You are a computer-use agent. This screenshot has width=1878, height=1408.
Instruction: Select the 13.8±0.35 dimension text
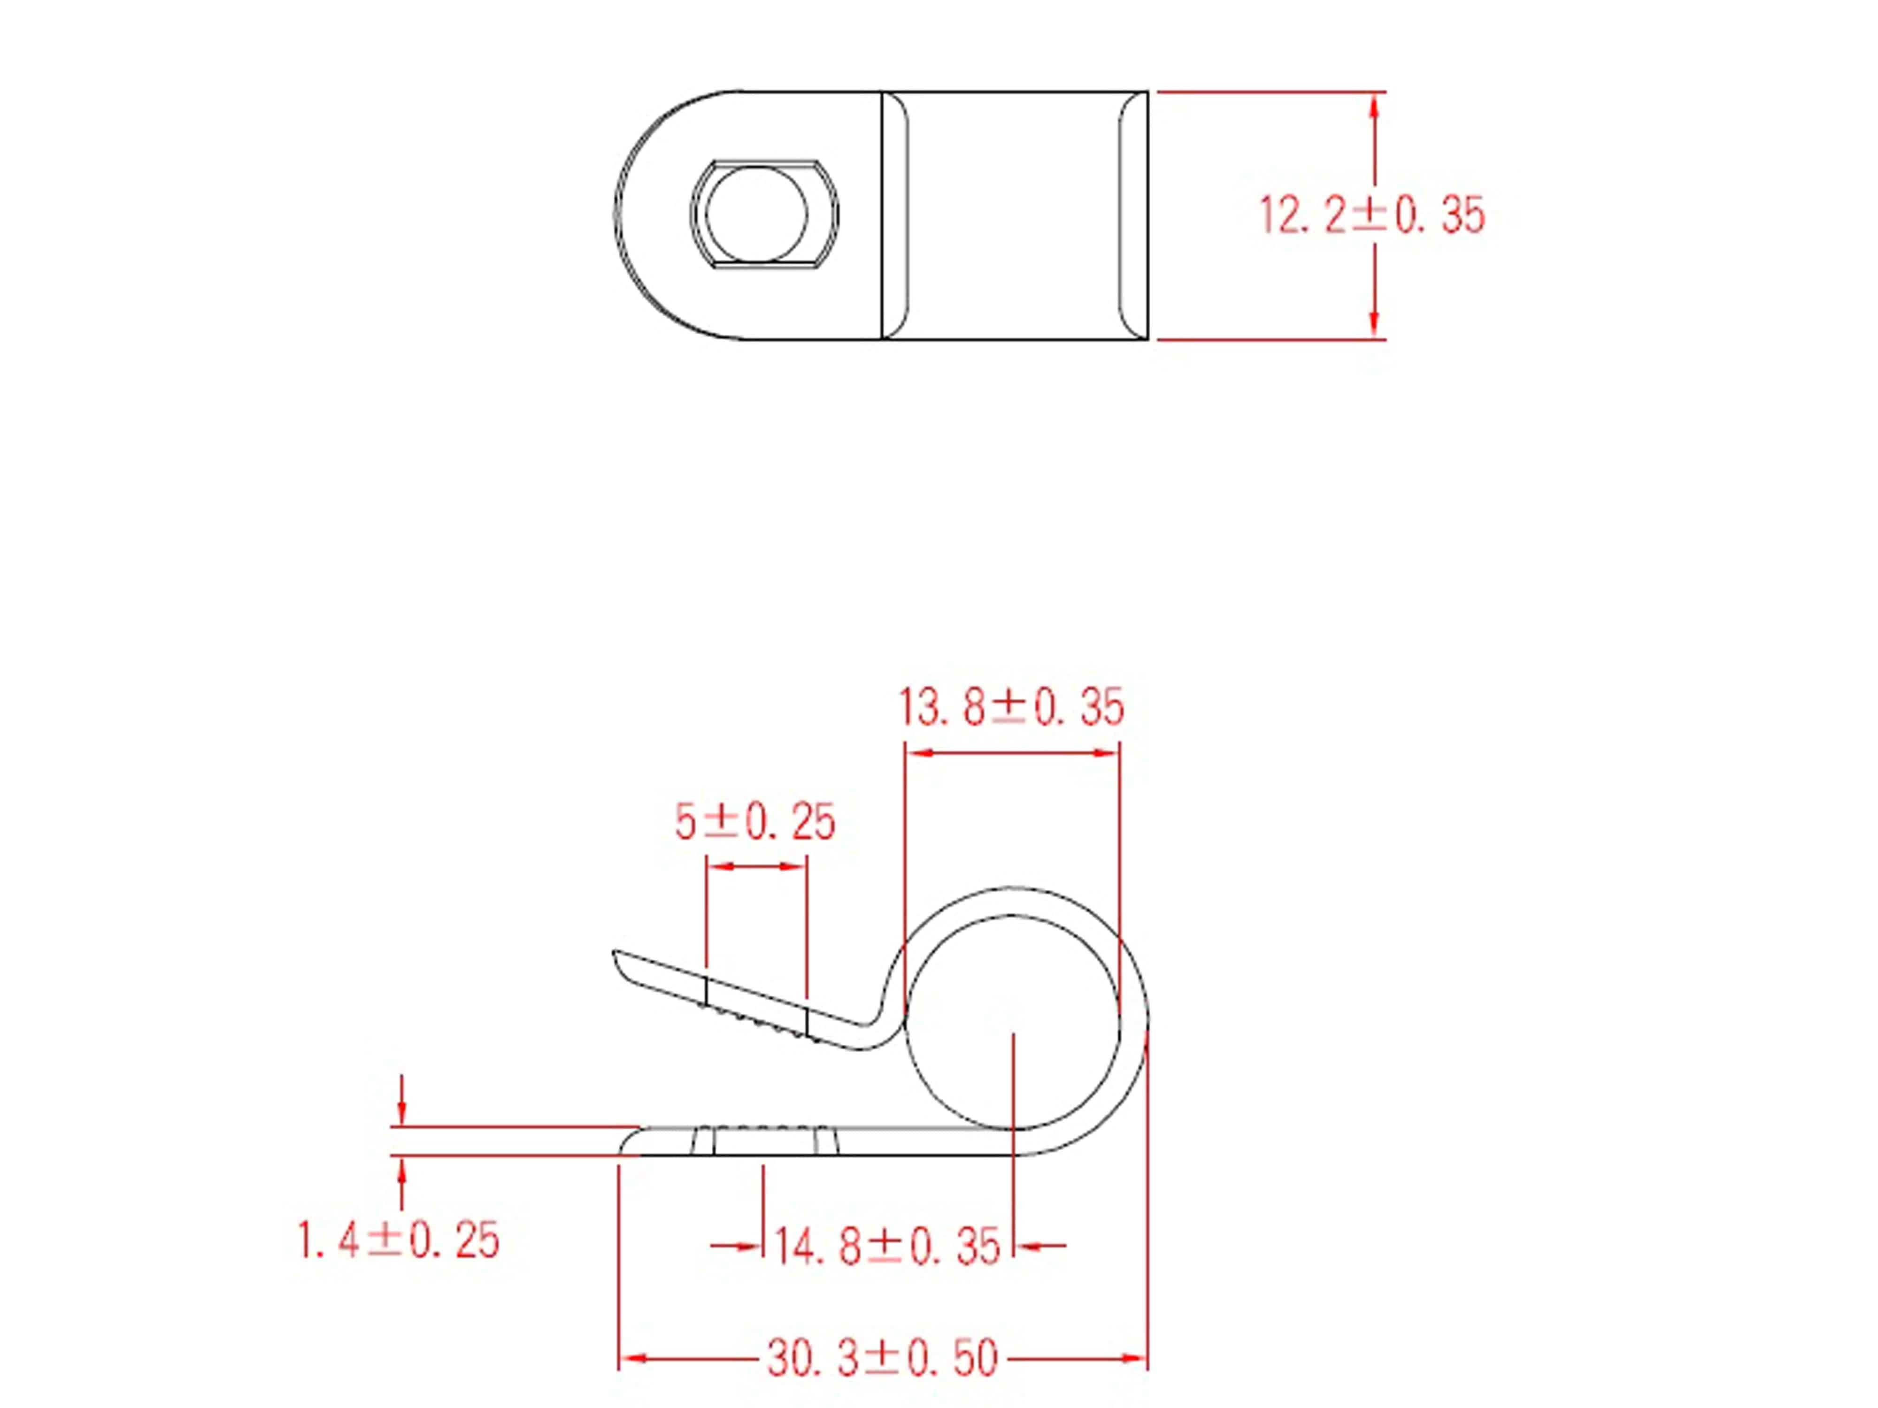(x=1010, y=707)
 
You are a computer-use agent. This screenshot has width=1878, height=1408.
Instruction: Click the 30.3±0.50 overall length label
(x=883, y=1359)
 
